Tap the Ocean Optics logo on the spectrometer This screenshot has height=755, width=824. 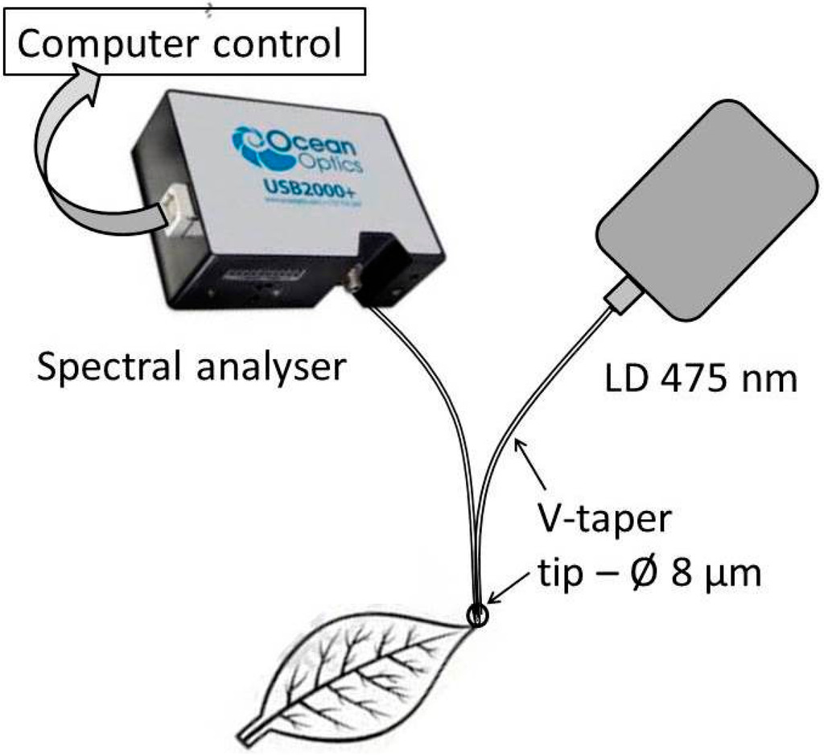[x=298, y=150]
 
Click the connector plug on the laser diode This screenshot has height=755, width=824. [x=627, y=299]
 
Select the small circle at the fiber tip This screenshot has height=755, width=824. [x=476, y=616]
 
